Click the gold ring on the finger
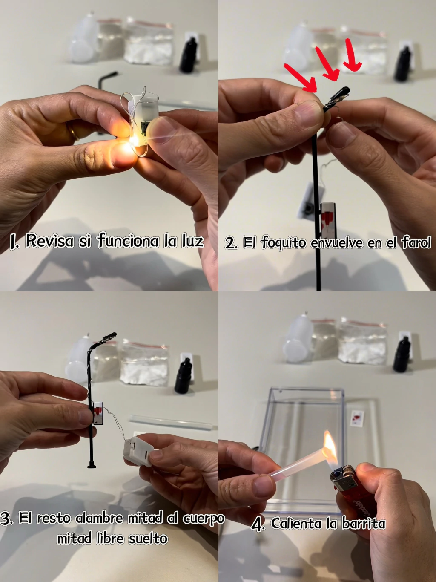coord(74,132)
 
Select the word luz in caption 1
coord(192,241)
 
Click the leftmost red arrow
coord(300,78)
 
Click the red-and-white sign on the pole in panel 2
coord(327,219)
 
